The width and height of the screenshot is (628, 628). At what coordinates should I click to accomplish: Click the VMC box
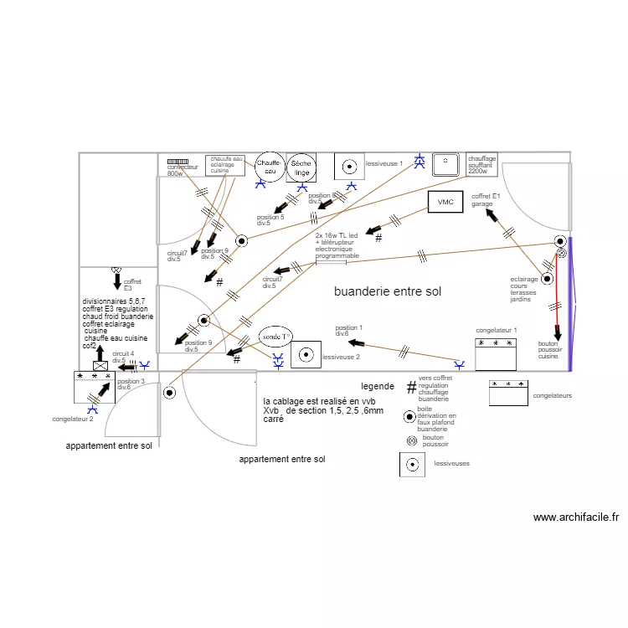point(445,202)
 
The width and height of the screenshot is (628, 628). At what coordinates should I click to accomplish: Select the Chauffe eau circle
point(269,167)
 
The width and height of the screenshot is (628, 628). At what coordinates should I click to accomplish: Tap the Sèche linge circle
point(301,167)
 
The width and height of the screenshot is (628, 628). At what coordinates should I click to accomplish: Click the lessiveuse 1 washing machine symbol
point(349,166)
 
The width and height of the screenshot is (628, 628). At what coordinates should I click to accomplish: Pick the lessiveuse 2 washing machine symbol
point(305,354)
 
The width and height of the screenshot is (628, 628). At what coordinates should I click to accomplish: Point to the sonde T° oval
point(275,336)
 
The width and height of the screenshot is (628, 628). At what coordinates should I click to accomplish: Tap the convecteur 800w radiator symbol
point(178,161)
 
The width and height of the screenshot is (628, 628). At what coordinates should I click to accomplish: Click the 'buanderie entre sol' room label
point(387,292)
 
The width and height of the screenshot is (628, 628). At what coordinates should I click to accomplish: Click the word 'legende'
point(377,387)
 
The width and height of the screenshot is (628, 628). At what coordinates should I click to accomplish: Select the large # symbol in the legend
point(411,387)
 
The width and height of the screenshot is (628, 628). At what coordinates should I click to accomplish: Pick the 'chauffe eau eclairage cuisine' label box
point(225,165)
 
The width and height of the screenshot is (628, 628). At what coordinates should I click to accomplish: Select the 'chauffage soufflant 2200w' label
point(482,164)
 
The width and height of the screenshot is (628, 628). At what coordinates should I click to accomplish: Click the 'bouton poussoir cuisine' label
point(548,350)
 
